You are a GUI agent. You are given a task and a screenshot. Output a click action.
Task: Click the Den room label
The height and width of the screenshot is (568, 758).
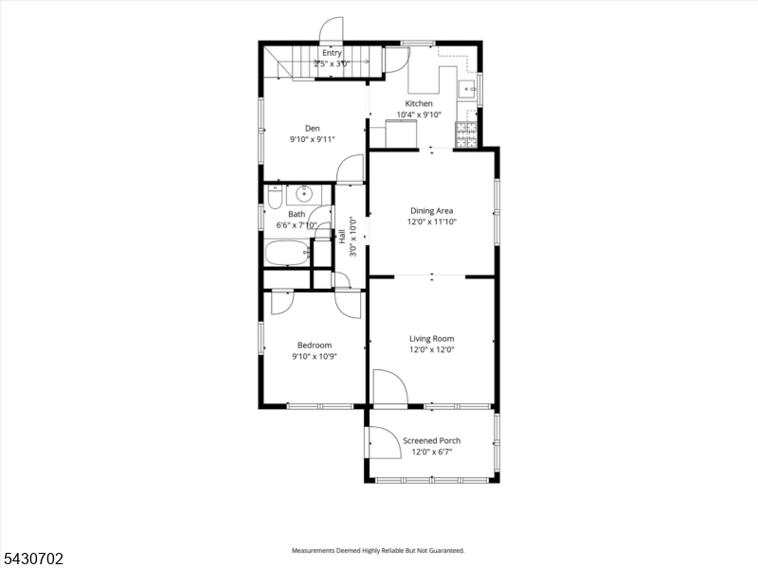click(x=313, y=128)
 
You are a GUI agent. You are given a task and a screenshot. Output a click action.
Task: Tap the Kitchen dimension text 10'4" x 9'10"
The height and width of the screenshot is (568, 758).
click(x=419, y=115)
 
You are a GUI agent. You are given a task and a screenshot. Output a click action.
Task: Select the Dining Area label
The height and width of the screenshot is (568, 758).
click(x=432, y=210)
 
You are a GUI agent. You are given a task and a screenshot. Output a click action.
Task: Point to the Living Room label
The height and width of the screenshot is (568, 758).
click(x=432, y=339)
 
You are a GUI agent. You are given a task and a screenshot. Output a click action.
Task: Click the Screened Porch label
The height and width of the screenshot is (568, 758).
click(x=432, y=440)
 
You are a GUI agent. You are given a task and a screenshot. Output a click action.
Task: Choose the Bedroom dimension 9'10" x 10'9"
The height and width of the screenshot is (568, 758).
click(x=315, y=357)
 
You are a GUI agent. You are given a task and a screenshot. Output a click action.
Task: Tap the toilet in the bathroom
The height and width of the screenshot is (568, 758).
click(x=275, y=197)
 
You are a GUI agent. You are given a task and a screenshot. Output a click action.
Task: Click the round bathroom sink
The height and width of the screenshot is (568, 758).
click(x=303, y=194)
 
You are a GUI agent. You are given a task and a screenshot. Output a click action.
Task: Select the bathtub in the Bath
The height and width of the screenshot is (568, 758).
click(x=287, y=253)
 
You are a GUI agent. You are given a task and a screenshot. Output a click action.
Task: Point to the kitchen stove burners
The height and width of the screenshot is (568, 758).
click(x=466, y=134)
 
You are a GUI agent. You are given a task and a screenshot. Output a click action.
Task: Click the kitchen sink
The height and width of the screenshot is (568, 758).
click(x=467, y=89)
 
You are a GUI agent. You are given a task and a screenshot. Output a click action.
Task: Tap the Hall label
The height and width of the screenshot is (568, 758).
click(x=342, y=236)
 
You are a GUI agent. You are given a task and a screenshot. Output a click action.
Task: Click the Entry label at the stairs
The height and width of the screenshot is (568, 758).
click(x=332, y=53)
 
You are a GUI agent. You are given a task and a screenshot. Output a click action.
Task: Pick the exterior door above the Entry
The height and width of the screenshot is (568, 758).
click(x=331, y=30)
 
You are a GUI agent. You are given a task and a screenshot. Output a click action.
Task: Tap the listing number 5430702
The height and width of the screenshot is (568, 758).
click(x=32, y=559)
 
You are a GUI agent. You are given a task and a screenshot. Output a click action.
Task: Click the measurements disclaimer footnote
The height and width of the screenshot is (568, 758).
click(x=377, y=550)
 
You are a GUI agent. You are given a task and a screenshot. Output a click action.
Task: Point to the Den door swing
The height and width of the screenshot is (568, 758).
click(x=350, y=169)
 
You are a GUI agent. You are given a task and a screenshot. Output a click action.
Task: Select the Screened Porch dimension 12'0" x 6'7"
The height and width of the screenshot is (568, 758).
click(x=432, y=453)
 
